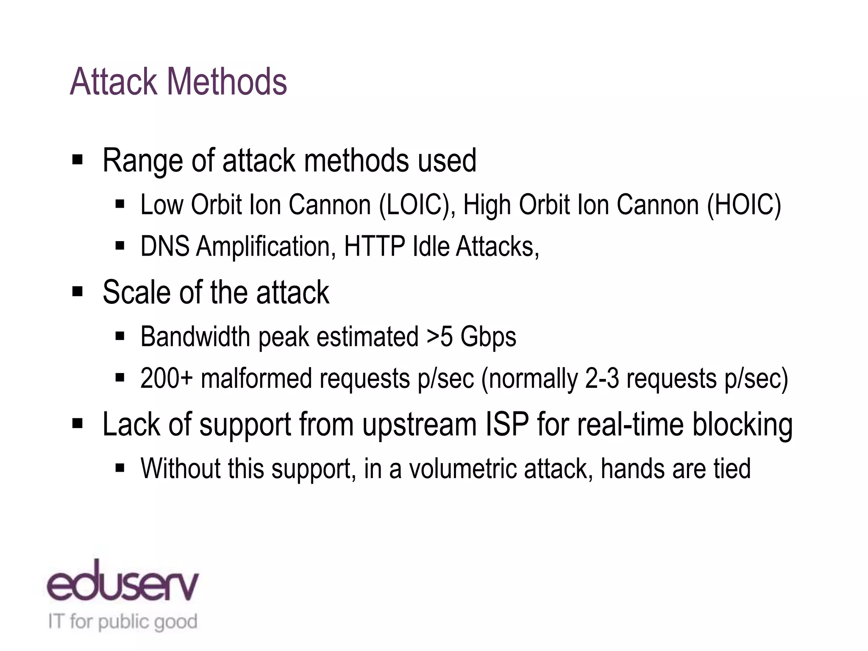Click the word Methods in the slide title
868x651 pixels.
227,81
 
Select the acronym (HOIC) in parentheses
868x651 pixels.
744,205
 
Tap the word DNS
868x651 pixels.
164,246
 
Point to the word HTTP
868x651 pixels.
374,246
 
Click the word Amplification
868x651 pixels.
263,247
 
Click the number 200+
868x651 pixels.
166,378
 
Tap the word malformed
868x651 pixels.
256,378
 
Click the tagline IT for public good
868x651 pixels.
123,622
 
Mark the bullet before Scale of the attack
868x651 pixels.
77,292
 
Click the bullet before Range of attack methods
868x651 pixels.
77,160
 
